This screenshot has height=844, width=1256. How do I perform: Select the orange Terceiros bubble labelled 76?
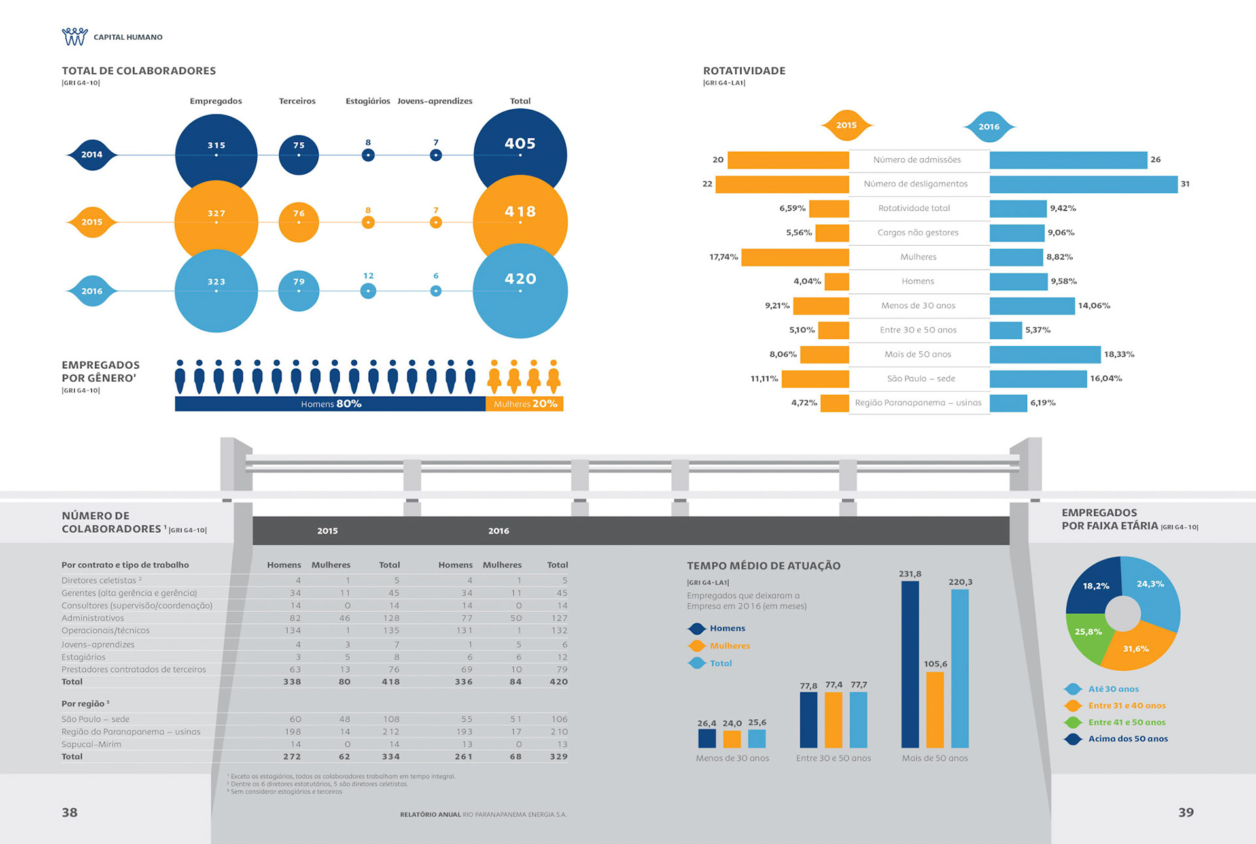coord(299,222)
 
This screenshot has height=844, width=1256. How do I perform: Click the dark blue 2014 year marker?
coord(92,155)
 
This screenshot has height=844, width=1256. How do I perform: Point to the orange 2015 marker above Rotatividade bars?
coord(846,125)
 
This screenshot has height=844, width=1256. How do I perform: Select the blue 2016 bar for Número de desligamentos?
coord(1083,184)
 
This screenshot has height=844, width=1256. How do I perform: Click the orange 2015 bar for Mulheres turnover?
coord(795,257)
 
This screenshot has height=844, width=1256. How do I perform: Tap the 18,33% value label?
coord(1119,354)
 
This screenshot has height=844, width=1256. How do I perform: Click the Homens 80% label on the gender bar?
coord(331,404)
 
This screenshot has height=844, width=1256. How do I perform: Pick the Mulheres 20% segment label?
coord(525,404)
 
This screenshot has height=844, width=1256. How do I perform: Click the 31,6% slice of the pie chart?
coord(1138,647)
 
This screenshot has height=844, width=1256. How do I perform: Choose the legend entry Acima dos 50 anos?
coord(1128,739)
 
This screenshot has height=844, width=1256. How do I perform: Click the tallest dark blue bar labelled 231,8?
coord(910,664)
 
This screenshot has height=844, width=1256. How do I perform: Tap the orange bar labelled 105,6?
coord(935,709)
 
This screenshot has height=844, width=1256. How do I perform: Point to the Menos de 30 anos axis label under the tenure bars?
coord(732,758)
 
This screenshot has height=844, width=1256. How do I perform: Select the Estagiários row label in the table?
coord(84,657)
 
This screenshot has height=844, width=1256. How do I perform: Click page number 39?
coord(1185,812)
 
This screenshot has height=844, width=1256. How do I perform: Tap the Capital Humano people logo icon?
coord(75,37)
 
